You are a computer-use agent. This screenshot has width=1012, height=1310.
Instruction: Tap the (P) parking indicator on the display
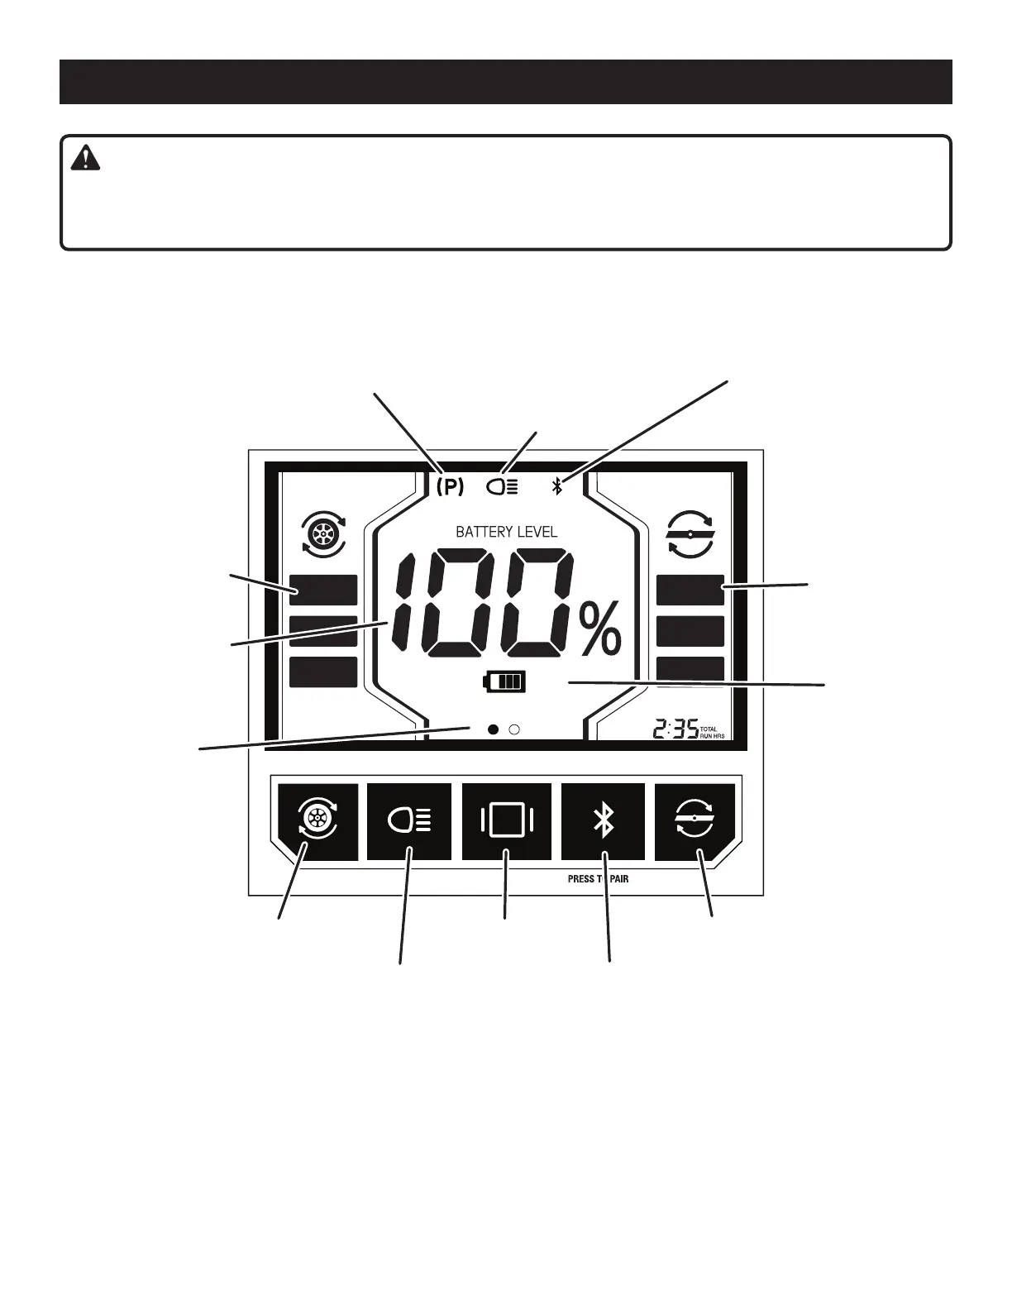click(x=450, y=487)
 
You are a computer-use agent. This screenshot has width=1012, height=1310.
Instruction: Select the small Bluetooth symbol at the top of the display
click(x=557, y=487)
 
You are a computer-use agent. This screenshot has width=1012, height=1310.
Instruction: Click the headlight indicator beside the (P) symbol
click(x=503, y=487)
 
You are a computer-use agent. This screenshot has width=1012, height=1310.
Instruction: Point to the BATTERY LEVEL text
click(x=506, y=532)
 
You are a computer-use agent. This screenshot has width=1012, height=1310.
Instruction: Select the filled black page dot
click(x=494, y=729)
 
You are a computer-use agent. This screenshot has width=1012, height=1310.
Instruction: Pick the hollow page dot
click(x=514, y=729)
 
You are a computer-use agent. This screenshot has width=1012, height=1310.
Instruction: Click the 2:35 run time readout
click(x=675, y=729)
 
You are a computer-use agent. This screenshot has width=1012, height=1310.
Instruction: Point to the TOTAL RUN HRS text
click(x=712, y=732)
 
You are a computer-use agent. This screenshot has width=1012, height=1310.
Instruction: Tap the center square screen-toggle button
click(x=507, y=821)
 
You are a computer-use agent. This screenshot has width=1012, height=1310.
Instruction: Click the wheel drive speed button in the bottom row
click(x=317, y=821)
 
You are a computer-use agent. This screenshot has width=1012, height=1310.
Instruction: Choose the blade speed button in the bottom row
click(x=695, y=821)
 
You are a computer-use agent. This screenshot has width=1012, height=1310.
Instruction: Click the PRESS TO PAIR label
click(x=598, y=878)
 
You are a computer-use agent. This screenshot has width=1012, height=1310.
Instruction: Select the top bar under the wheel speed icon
click(x=323, y=590)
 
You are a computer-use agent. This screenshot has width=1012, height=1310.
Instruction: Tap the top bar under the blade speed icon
click(x=690, y=590)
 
